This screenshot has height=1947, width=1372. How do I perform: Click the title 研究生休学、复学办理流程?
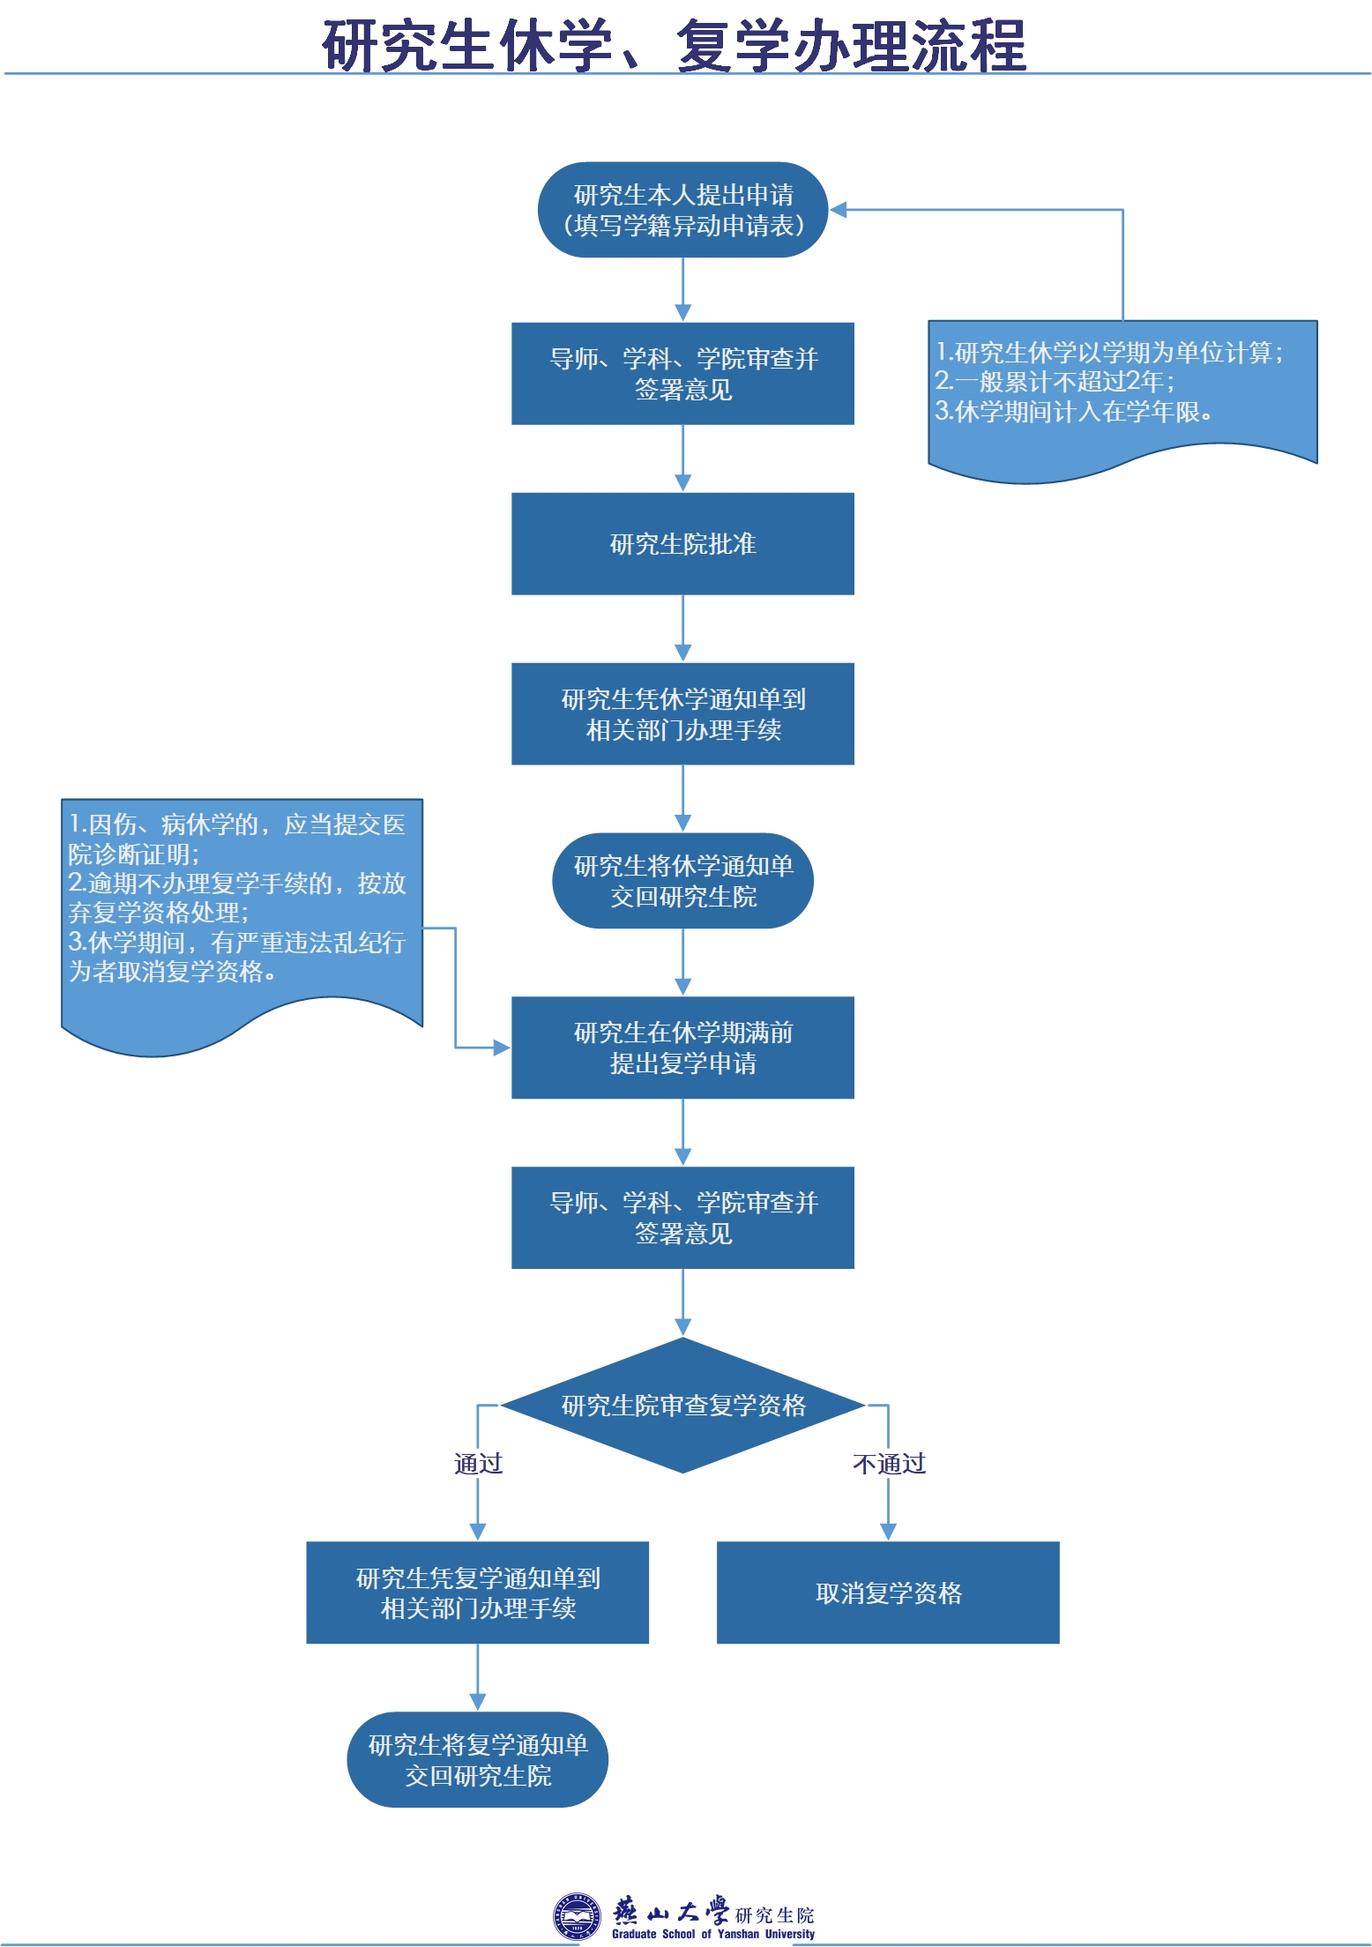point(675,45)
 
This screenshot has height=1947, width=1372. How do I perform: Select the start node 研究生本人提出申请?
point(682,210)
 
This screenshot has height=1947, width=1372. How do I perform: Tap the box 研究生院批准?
point(682,544)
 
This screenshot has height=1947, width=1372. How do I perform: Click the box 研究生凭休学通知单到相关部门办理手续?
point(682,714)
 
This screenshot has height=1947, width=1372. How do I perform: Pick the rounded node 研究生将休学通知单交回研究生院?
point(682,881)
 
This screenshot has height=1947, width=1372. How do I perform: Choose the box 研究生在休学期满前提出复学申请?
point(682,1048)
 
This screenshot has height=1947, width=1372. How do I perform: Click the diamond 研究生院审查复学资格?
point(682,1405)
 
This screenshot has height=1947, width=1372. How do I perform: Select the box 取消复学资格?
point(888,1593)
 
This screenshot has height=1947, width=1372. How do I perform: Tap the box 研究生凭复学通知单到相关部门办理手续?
point(477,1593)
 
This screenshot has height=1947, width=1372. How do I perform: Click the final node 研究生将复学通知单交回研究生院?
point(477,1760)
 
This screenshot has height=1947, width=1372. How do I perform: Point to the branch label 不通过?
point(889,1464)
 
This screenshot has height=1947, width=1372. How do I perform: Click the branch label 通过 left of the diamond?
point(478,1464)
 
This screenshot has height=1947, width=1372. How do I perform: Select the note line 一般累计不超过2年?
point(1055,382)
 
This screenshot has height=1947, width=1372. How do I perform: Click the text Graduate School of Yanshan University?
point(713,1934)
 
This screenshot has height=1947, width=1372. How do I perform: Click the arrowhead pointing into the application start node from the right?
point(839,210)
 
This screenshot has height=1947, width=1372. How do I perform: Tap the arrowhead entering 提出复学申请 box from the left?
point(502,1048)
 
